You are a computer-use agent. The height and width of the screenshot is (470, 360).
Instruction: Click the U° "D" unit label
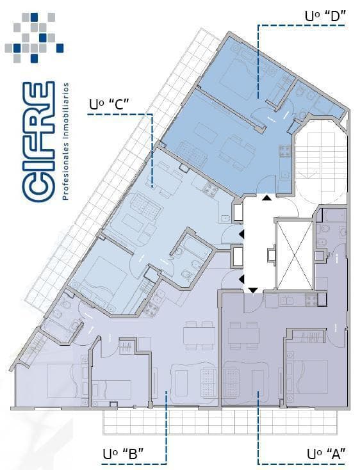coord(325,16)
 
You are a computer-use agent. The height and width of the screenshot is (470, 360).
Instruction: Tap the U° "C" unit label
coord(109,104)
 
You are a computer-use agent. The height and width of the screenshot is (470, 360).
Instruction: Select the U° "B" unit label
coord(123,454)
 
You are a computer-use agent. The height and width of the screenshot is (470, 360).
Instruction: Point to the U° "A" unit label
coord(327,454)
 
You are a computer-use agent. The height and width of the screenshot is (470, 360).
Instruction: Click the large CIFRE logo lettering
coord(38,142)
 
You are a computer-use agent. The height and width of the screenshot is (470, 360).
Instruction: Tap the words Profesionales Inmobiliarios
coord(65,141)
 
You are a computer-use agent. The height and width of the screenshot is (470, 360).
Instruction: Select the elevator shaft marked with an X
coord(294,255)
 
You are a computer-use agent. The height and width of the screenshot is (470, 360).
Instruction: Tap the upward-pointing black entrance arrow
coord(266,197)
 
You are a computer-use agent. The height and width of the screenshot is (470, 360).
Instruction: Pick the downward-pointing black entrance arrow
coord(254,290)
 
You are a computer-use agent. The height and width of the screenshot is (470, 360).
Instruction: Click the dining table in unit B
coord(199,336)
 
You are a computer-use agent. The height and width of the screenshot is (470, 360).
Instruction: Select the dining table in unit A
coord(243,336)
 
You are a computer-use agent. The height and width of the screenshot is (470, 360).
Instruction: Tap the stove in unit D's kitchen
coord(285,150)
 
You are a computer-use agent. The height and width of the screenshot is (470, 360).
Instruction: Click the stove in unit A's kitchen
coord(311,300)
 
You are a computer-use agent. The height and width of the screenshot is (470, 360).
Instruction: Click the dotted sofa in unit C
coord(146,207)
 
